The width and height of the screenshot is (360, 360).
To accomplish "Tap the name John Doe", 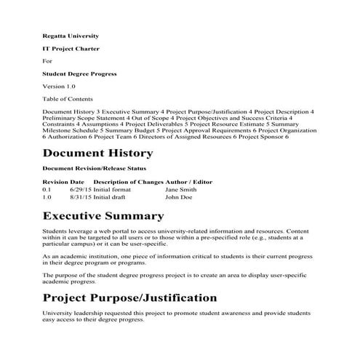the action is [x=178, y=196].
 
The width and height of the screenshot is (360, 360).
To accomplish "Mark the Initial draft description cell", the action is [x=109, y=196].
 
